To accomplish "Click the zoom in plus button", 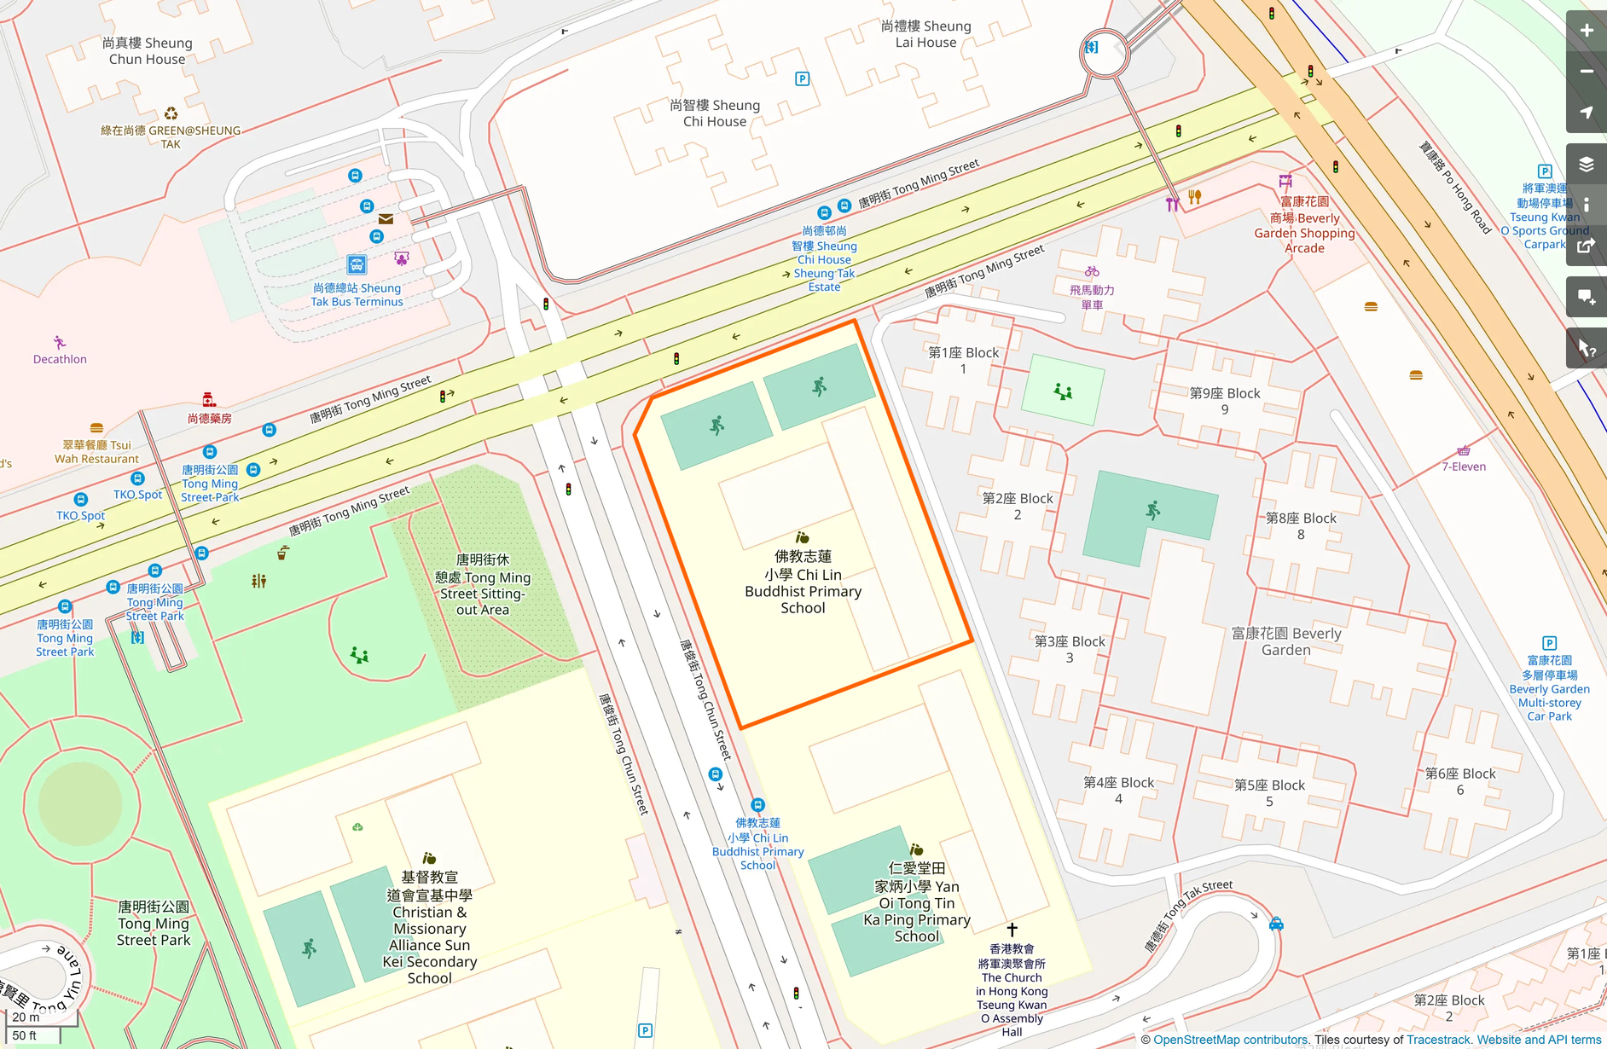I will tap(1586, 31).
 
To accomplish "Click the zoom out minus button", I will tap(1586, 72).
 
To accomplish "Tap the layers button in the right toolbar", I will tap(1586, 165).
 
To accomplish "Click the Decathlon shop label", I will tap(60, 359).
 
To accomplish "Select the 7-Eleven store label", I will tap(1464, 467).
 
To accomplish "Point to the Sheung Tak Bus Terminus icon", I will tap(357, 264).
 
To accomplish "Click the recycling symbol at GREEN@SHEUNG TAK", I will tap(171, 113).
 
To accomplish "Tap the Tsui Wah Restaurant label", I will tap(96, 452).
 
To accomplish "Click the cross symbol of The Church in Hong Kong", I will tap(1012, 930).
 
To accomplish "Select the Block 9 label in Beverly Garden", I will tap(1225, 401).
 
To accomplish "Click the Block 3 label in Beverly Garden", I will tap(1070, 649).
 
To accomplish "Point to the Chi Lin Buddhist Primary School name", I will tap(803, 582).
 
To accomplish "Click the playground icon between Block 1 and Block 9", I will tap(1063, 391).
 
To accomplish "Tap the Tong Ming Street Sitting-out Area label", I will tap(483, 584).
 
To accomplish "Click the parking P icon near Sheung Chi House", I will tap(802, 79).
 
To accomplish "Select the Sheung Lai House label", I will tap(925, 34).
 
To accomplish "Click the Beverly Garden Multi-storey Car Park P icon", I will tap(1549, 643).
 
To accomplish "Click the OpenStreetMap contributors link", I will tap(1229, 1040).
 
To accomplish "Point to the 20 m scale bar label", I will tap(26, 1017).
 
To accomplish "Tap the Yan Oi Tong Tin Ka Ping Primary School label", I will tap(917, 902).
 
